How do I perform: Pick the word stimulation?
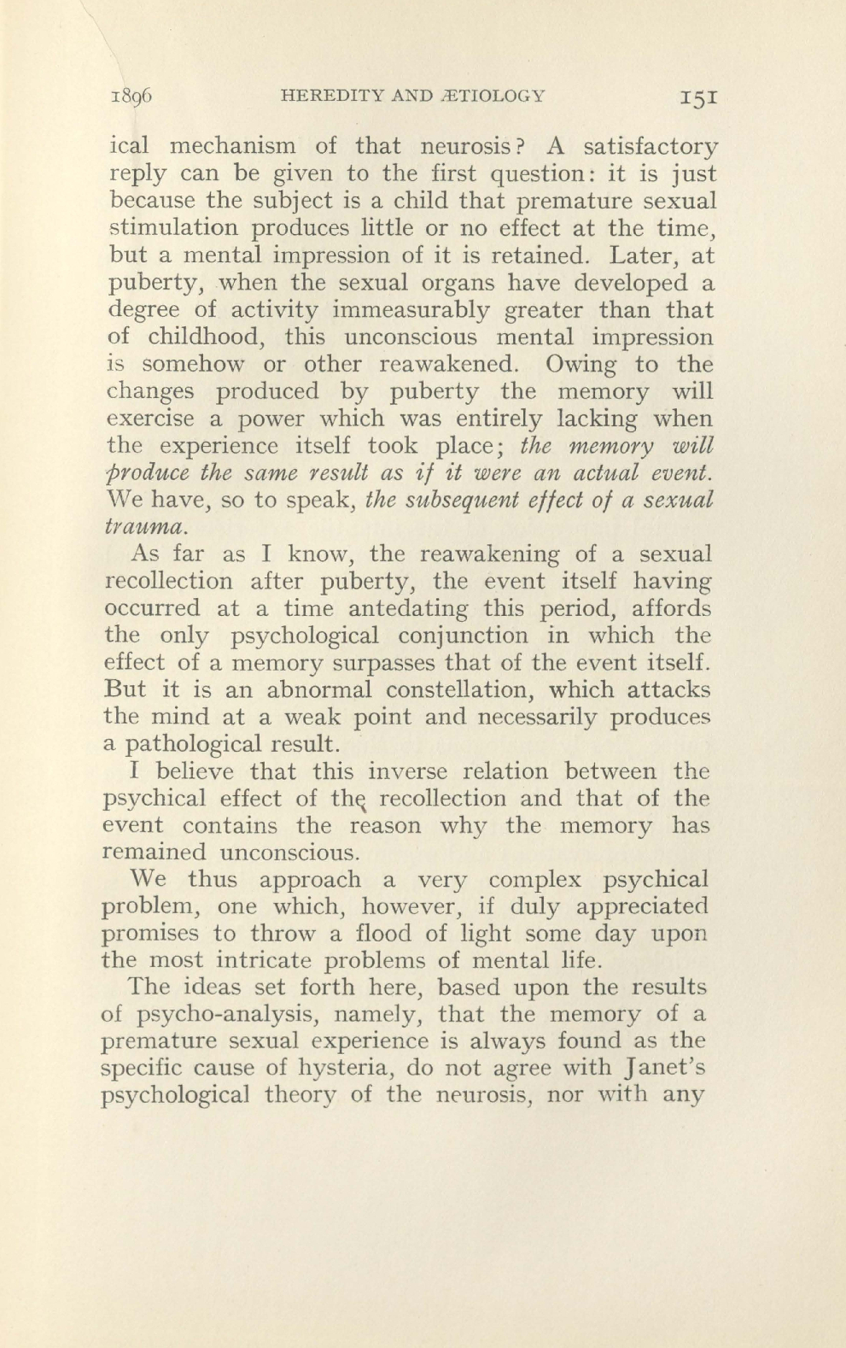162,228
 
